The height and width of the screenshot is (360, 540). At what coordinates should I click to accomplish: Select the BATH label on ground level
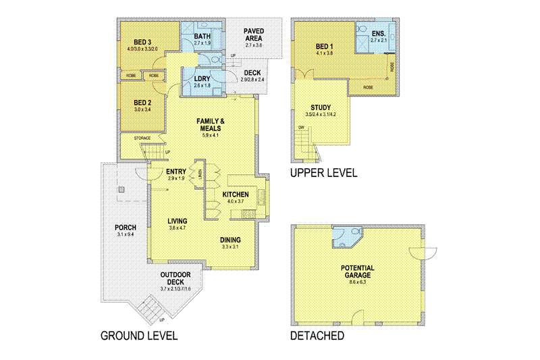(202, 36)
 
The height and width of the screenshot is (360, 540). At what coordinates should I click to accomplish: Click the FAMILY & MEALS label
(211, 125)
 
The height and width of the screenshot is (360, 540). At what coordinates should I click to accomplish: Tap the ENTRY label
(176, 172)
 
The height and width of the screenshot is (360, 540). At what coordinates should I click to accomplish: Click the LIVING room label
(178, 221)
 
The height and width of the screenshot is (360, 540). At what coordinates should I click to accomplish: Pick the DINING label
(230, 240)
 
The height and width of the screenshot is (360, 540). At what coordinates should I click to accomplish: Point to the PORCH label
(126, 227)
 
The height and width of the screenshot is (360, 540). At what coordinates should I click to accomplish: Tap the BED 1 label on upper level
(325, 47)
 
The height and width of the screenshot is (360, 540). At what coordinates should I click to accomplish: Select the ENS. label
(378, 32)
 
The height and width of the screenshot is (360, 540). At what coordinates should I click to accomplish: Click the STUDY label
(320, 107)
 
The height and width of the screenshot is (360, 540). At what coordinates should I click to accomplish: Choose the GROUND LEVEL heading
(139, 335)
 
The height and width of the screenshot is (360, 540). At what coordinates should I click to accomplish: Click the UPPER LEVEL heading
(323, 173)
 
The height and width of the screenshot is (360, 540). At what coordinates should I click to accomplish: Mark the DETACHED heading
(317, 335)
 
